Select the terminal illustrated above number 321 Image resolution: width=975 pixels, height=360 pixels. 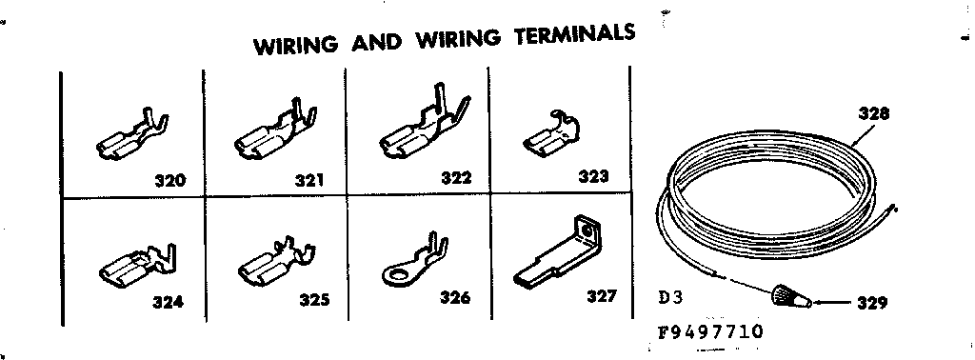coord(270,135)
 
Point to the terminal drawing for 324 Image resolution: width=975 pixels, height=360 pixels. coord(133,266)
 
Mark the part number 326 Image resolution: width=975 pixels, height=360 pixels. coord(455,298)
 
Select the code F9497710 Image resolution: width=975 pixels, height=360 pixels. coord(709,333)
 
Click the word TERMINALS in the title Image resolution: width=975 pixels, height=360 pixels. coord(574,36)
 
